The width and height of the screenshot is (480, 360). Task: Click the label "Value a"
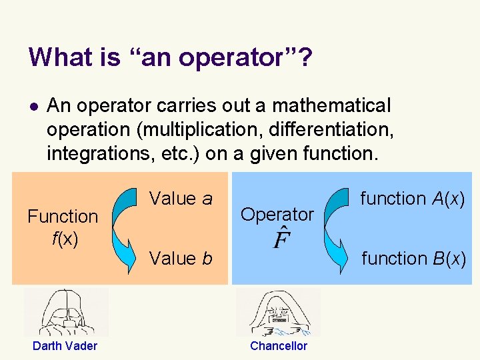(181, 199)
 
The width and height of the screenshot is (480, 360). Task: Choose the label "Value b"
(181, 258)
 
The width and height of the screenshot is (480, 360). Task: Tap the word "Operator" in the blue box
(277, 215)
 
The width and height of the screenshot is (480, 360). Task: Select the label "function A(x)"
(413, 199)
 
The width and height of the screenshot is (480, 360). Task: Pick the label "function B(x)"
(413, 258)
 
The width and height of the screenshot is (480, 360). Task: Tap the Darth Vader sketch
(65, 312)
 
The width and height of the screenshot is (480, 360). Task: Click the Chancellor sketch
(278, 312)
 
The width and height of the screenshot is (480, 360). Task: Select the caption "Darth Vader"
(65, 346)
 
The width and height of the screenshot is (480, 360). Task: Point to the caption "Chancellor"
(279, 346)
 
